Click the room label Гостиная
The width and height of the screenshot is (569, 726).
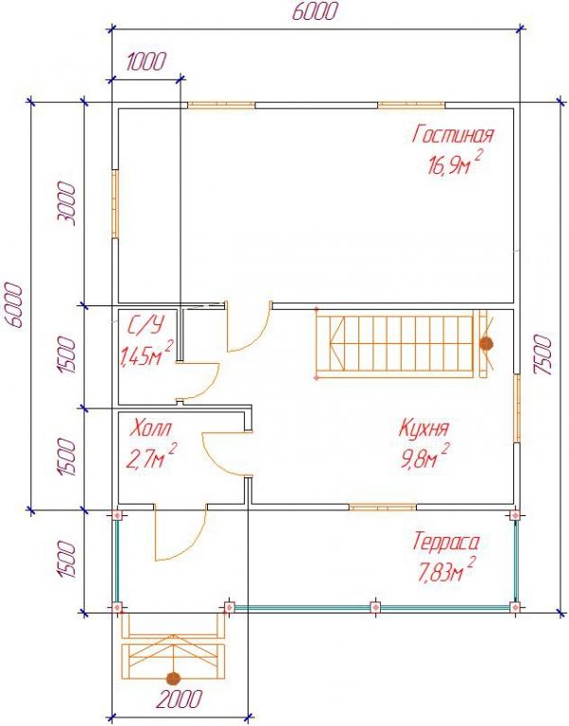(453, 134)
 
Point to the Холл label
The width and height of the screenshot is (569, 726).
(151, 428)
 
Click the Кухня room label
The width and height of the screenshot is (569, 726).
(423, 428)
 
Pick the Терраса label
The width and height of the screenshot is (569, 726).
(445, 542)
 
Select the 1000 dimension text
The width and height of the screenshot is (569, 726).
(146, 61)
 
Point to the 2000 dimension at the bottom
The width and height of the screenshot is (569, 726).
(180, 699)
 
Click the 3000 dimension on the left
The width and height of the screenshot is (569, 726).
(67, 203)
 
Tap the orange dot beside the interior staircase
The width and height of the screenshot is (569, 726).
(486, 343)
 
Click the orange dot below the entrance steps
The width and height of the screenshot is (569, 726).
(173, 678)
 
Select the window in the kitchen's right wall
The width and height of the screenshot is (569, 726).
(517, 408)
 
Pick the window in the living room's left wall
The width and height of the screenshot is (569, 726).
(115, 204)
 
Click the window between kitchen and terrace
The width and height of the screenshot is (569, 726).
(383, 508)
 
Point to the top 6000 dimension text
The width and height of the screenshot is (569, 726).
(315, 11)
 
